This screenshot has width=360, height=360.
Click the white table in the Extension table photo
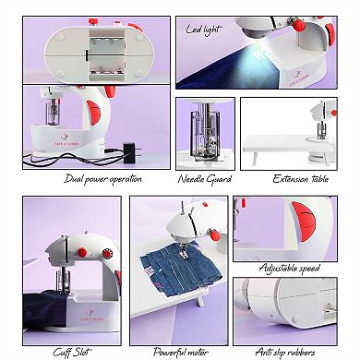[x=277, y=146]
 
